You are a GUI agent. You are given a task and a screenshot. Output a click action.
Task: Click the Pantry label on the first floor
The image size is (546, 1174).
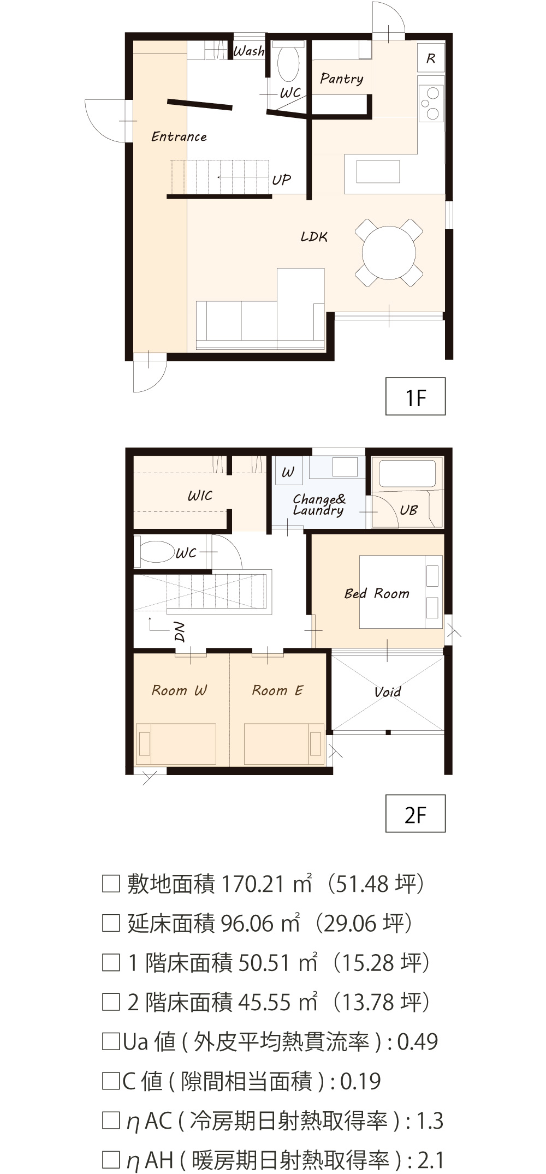[x=342, y=79]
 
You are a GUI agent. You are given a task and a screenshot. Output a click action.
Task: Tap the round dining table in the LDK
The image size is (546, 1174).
[x=389, y=253]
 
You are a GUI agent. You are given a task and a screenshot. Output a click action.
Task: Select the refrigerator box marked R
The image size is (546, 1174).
[x=431, y=58]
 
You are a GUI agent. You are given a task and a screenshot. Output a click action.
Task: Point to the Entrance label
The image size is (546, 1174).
[x=179, y=136]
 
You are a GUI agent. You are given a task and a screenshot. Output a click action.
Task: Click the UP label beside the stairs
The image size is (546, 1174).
[x=282, y=180]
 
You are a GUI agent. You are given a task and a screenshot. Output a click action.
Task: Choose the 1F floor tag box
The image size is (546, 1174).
[x=416, y=396]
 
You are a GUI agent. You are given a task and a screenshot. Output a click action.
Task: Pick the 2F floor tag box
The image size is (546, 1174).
[x=416, y=814]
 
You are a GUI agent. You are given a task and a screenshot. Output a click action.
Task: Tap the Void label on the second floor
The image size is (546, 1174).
[x=388, y=692]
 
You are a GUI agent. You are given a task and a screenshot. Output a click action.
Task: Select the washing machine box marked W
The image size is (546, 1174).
[x=289, y=472]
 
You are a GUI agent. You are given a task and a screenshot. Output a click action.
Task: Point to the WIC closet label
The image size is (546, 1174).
[x=200, y=496]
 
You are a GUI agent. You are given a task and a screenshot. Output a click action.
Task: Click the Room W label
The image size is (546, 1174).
[x=180, y=690]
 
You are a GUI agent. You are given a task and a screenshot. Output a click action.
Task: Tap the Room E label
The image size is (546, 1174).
[x=277, y=690]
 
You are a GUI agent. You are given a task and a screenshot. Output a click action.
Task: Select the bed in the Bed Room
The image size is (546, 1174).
[x=401, y=592]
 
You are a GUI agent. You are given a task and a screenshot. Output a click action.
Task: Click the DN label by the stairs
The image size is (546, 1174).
[x=180, y=631]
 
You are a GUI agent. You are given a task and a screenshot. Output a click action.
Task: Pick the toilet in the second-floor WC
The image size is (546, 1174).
[x=157, y=552]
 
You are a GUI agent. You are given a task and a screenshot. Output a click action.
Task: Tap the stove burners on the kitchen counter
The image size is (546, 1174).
[x=431, y=103]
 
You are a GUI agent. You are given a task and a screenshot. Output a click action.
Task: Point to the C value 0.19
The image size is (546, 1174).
[x=360, y=1081]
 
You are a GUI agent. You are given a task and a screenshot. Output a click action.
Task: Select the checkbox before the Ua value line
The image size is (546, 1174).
[x=111, y=1042]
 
